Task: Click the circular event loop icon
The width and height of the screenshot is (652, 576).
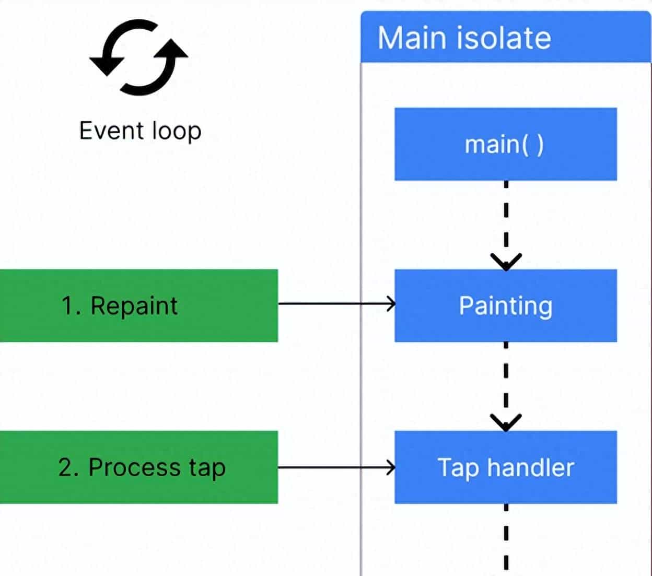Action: [139, 57]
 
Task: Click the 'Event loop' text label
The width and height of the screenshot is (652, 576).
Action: [140, 131]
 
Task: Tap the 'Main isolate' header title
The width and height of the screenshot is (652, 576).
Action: [464, 38]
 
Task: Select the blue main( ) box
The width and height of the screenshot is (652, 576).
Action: [505, 144]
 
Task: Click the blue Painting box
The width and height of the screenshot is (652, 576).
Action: [505, 305]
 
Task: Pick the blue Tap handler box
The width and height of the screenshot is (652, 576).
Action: [505, 467]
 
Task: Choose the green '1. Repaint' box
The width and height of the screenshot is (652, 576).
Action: [138, 305]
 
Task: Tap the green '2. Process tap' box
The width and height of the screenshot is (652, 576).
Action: [138, 467]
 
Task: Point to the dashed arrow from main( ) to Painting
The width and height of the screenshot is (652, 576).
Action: [506, 225]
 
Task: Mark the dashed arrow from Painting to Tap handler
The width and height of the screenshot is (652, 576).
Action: [506, 386]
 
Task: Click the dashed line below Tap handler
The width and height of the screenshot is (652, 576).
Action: [506, 538]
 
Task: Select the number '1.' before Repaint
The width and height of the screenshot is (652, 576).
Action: [71, 305]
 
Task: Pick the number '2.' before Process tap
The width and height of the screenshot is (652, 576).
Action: [68, 467]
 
